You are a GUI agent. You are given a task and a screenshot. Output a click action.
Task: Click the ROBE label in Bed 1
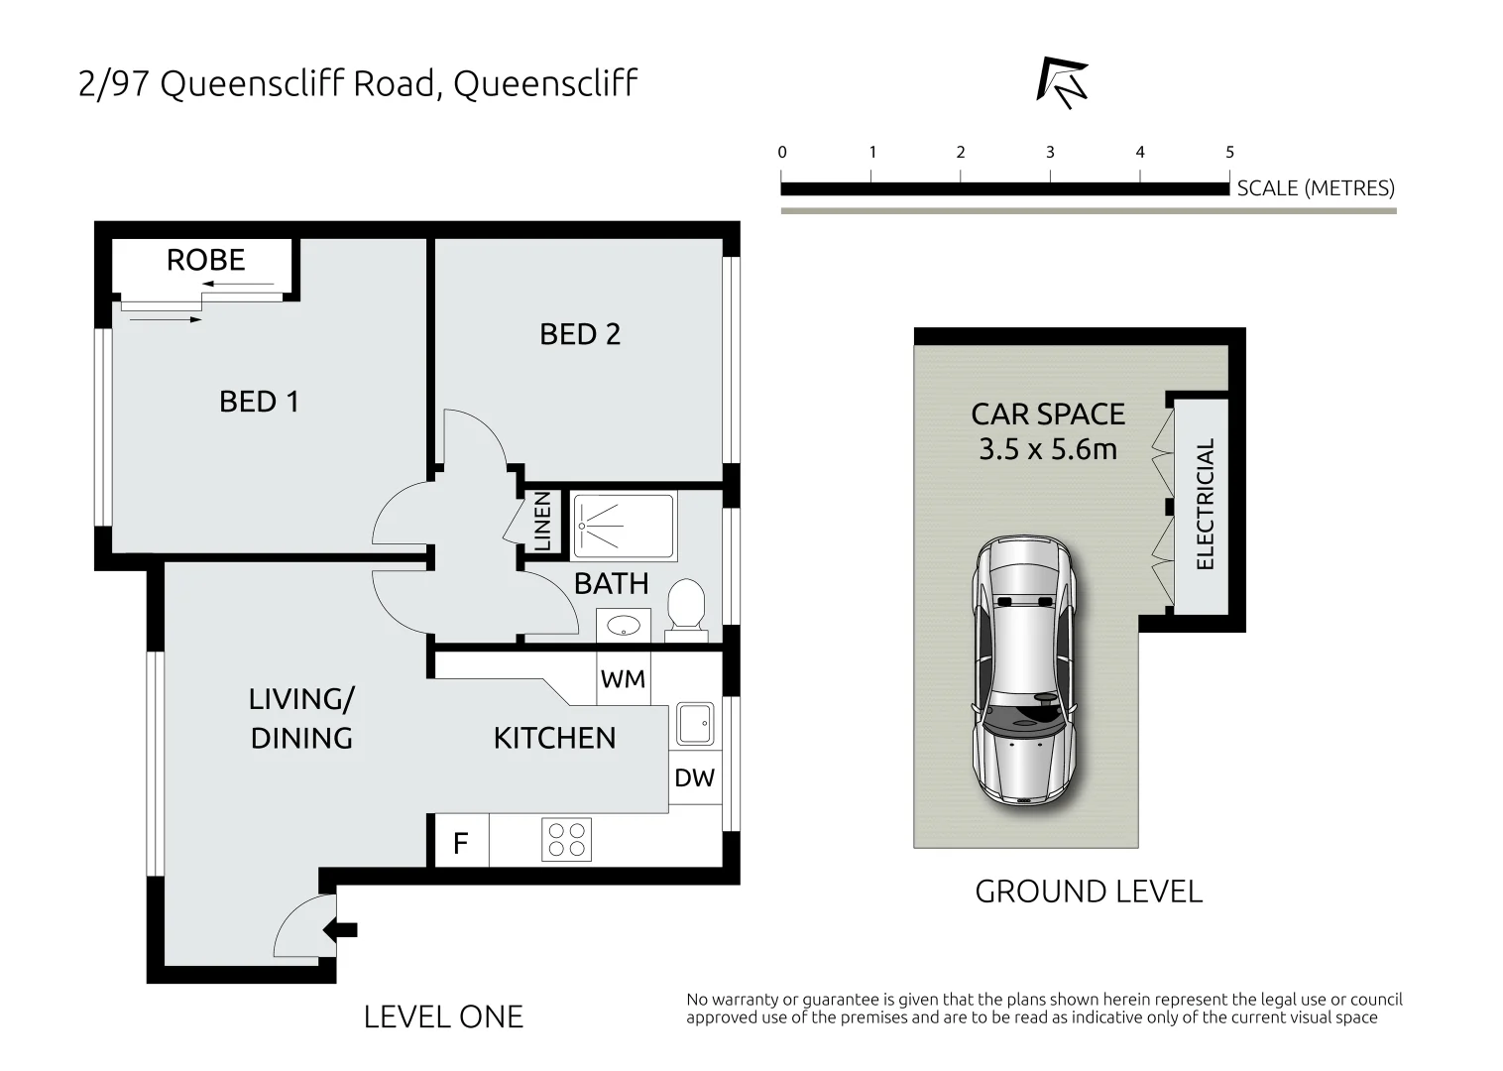click(205, 260)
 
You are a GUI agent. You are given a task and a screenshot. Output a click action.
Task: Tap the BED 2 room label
click(580, 334)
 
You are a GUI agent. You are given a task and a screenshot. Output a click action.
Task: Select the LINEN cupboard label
click(542, 522)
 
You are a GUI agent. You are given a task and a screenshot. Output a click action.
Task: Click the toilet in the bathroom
click(685, 605)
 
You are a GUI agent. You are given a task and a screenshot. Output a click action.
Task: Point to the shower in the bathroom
click(625, 525)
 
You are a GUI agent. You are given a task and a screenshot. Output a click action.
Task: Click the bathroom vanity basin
click(623, 625)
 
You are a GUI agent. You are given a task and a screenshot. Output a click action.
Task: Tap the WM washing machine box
click(623, 679)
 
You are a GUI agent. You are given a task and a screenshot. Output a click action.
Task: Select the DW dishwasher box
click(694, 778)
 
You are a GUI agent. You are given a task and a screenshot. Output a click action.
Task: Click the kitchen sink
click(694, 723)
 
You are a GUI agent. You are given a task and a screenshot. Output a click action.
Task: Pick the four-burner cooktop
click(567, 839)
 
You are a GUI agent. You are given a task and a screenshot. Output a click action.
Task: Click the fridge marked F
click(461, 843)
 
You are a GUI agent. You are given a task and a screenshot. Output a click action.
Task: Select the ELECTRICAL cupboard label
click(1205, 504)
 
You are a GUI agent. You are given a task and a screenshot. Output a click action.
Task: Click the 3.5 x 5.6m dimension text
click(1048, 449)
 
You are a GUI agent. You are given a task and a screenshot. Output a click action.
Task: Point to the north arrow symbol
click(1062, 82)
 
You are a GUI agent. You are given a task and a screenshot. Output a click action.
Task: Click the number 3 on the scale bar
click(1050, 153)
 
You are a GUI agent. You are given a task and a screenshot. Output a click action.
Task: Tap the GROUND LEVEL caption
click(1089, 892)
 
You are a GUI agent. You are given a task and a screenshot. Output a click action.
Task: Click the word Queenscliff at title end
click(544, 84)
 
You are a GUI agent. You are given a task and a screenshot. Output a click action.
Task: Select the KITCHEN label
click(554, 738)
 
